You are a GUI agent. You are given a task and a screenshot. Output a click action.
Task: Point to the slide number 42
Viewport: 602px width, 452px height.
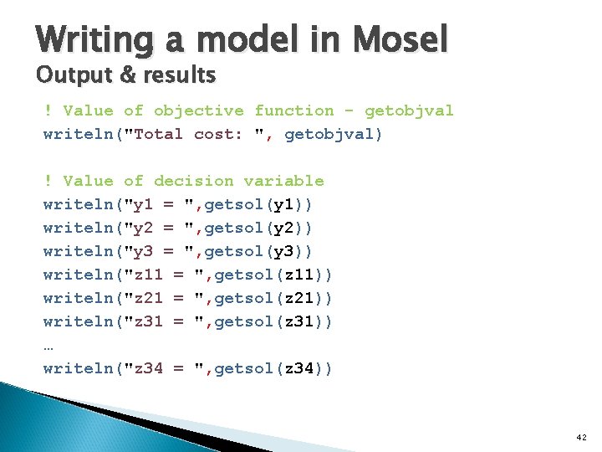click(582, 438)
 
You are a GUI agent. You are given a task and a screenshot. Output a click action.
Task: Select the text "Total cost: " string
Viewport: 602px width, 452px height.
click(197, 134)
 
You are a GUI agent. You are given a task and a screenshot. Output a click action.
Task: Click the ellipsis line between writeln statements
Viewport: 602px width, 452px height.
click(48, 345)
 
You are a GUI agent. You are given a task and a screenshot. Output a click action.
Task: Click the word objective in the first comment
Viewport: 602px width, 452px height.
click(198, 110)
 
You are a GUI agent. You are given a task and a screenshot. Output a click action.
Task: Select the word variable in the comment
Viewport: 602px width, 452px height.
click(283, 181)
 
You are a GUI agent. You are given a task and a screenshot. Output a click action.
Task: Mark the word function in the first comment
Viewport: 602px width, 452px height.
click(293, 110)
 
